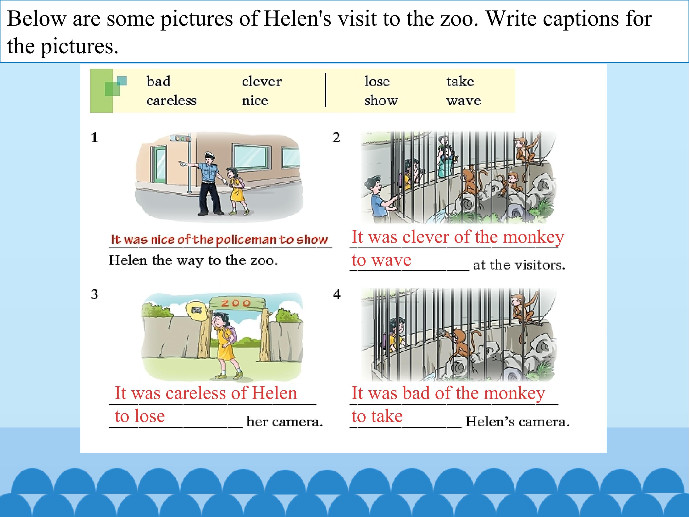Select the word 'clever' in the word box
pos(262,82)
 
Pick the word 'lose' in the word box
pos(377,81)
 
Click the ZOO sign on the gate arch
pos(236,303)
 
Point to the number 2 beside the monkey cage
pos(336,137)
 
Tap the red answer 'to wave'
pos(381,260)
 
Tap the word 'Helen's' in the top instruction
pos(297,19)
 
